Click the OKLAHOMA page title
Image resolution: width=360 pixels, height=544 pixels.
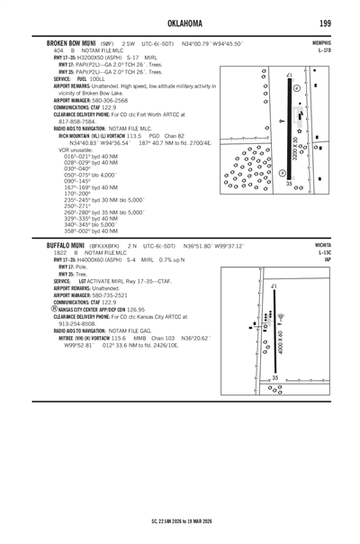pyautogui.click(x=180, y=21)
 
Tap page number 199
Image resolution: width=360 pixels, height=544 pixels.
pyautogui.click(x=335, y=21)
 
